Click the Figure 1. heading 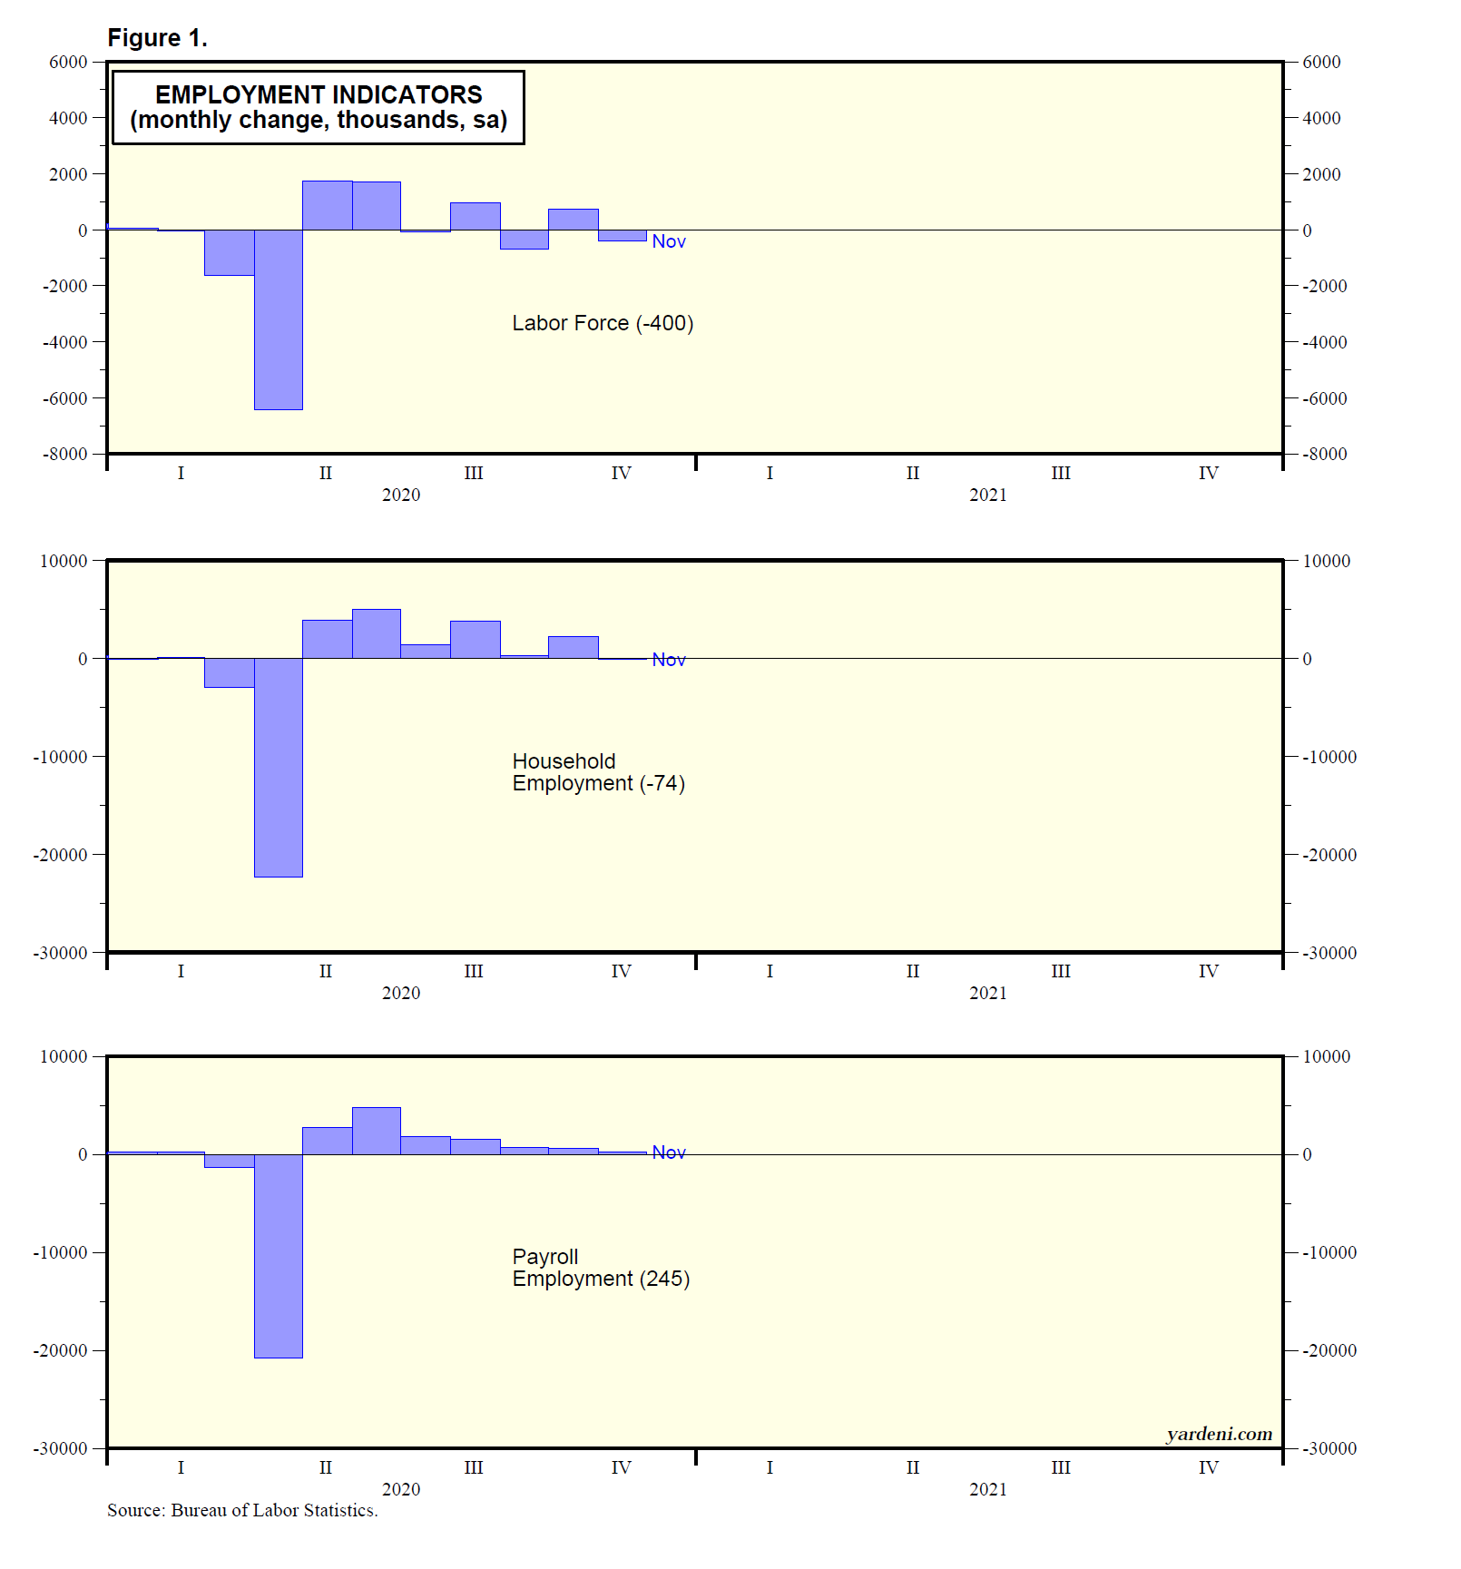tap(157, 38)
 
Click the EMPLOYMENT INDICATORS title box tap(318, 107)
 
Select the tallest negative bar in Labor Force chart tap(278, 319)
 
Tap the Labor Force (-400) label tap(603, 323)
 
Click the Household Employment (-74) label tap(598, 772)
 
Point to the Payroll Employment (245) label tap(601, 1268)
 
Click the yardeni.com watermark tap(1219, 1434)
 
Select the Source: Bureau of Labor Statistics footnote tap(242, 1510)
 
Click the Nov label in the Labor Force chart tap(669, 241)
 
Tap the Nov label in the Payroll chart tap(669, 1152)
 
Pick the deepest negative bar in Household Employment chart tap(278, 768)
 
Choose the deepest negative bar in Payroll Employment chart tap(278, 1256)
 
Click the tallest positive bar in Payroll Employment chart tap(376, 1131)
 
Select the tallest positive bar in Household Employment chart tap(376, 633)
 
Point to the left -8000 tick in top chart tap(65, 454)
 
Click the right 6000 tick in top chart tap(1321, 63)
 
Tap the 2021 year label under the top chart tap(987, 495)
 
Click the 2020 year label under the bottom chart tap(400, 1489)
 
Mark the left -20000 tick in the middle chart tap(60, 855)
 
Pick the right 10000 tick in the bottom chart tap(1326, 1056)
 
